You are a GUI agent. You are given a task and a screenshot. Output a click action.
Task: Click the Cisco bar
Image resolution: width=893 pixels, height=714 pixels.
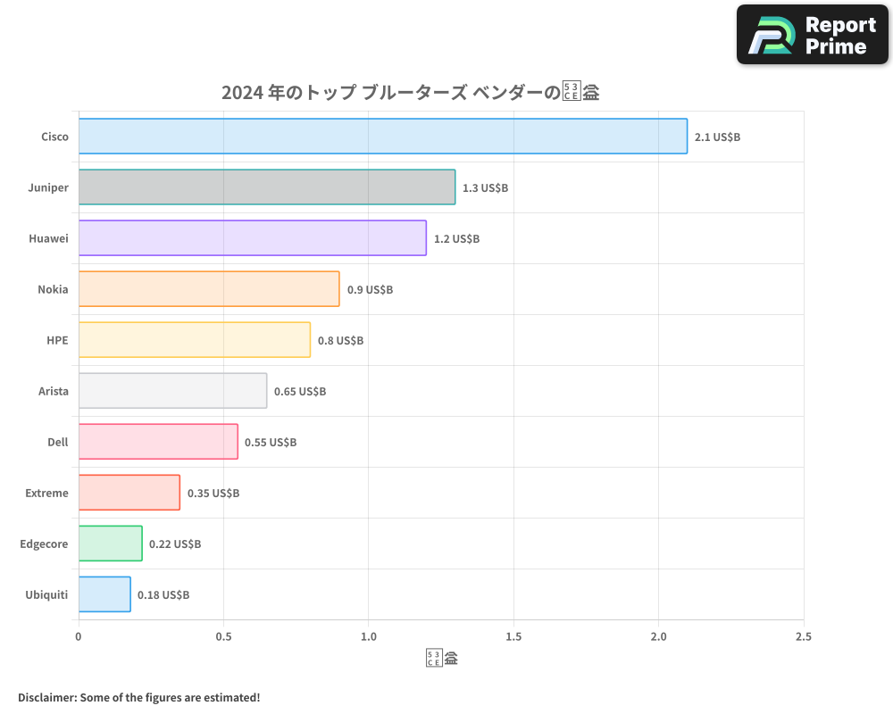tap(382, 137)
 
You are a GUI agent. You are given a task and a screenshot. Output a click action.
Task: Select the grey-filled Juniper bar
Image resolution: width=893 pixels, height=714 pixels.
tap(266, 187)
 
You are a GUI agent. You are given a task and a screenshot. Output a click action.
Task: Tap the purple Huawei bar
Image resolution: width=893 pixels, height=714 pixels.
tap(252, 238)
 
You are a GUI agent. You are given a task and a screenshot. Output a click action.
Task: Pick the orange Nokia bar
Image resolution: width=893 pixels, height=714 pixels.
tap(208, 289)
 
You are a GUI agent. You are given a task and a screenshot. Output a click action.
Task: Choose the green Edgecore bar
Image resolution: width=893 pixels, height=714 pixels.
tap(110, 544)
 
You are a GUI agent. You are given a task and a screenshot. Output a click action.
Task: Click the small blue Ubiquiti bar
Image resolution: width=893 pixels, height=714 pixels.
tap(104, 594)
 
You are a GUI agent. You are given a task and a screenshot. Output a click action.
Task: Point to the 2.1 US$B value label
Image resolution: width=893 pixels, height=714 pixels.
tap(717, 137)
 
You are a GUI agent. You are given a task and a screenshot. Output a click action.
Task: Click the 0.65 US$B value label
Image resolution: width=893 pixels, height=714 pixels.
tap(300, 392)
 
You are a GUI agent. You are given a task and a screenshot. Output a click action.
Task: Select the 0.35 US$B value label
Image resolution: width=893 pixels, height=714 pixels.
tap(213, 494)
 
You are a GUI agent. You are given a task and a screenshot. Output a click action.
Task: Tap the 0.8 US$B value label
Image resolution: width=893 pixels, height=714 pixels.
tap(340, 341)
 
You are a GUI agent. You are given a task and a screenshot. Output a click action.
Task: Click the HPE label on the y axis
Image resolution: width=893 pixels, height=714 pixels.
tap(57, 340)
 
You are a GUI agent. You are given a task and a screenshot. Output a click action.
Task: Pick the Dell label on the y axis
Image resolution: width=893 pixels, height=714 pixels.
tap(57, 442)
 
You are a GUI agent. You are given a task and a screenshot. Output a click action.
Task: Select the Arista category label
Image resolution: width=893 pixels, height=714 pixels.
tap(54, 391)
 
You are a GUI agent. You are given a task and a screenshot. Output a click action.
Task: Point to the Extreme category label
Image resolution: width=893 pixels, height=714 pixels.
tap(46, 493)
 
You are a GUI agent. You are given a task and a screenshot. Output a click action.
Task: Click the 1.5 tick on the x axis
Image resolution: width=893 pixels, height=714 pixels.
tap(513, 637)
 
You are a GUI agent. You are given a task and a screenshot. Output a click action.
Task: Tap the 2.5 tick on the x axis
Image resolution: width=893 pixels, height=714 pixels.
tap(803, 637)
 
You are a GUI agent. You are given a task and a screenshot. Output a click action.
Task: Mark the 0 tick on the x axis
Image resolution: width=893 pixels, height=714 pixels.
tap(79, 637)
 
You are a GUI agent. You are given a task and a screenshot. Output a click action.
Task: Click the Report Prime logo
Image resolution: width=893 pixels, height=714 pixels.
tap(813, 35)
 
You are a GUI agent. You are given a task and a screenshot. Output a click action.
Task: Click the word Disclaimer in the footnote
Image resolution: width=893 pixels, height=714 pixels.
tap(46, 697)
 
